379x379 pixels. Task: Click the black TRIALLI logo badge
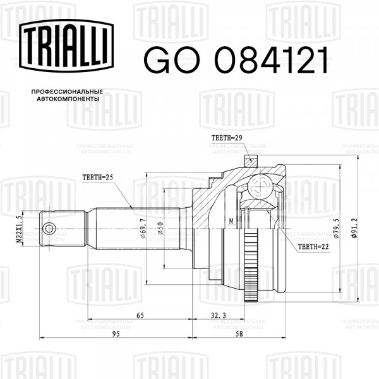(66, 45)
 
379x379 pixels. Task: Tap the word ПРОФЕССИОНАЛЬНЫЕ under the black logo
(67, 92)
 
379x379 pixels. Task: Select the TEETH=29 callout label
(227, 138)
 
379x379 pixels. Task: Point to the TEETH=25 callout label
(98, 177)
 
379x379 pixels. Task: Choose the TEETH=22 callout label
(313, 247)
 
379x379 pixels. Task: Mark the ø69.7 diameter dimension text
(143, 229)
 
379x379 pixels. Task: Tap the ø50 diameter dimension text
(160, 229)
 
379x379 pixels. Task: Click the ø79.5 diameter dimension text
(336, 229)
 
